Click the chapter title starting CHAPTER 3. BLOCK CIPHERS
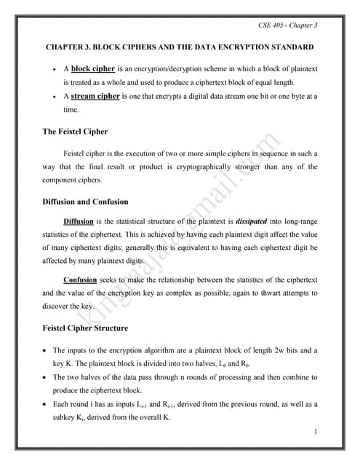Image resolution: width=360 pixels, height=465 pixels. (180, 47)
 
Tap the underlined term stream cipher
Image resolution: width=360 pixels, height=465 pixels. (95, 95)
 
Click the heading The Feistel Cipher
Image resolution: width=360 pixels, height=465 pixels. (76, 132)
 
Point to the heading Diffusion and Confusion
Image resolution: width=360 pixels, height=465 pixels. (86, 201)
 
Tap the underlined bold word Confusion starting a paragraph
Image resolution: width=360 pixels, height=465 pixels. (80, 279)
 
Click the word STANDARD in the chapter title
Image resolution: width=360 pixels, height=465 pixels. (289, 47)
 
